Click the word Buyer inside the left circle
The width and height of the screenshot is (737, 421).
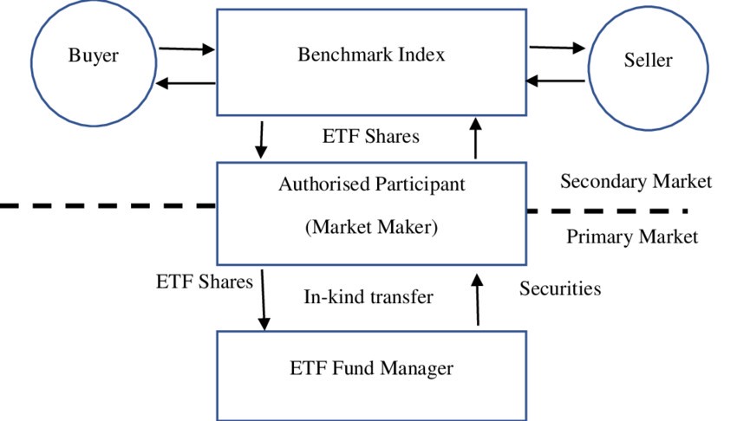click(93, 57)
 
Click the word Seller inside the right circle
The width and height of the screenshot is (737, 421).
click(648, 61)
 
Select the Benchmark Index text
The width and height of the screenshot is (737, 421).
click(371, 55)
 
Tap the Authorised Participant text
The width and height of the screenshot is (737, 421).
click(371, 185)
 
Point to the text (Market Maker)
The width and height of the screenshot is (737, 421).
click(371, 228)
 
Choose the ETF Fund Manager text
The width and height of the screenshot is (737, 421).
click(371, 368)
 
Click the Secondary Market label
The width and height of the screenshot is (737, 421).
click(636, 182)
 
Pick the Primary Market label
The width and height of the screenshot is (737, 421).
click(631, 236)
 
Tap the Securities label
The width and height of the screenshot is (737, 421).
click(559, 288)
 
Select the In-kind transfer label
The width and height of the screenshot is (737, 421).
click(368, 297)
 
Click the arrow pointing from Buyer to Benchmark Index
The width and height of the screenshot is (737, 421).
click(186, 49)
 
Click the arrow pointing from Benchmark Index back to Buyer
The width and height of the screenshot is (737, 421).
click(186, 83)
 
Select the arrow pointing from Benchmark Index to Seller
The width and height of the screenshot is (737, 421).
click(557, 49)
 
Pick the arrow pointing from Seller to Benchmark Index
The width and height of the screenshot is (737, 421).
click(557, 81)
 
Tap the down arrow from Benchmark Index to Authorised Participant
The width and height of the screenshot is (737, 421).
click(261, 140)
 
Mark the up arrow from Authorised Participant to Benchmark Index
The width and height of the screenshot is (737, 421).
click(475, 139)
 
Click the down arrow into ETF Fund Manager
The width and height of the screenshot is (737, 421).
click(264, 300)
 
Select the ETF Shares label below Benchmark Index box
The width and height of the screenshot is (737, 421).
click(370, 137)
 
